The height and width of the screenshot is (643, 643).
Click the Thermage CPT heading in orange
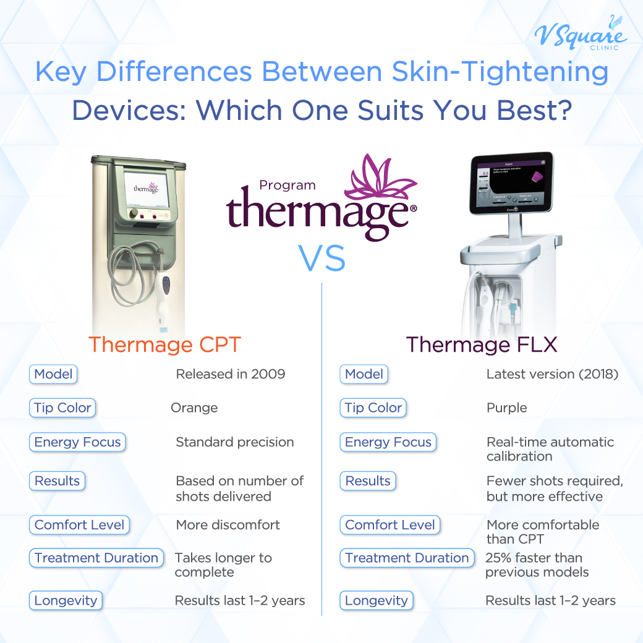164,344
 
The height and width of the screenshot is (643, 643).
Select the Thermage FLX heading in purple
482,344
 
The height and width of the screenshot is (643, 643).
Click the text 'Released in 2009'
231,374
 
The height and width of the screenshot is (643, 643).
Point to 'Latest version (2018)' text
552,374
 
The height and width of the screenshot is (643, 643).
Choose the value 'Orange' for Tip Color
194,408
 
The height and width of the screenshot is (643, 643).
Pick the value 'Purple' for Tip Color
507,408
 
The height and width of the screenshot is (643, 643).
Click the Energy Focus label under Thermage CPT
78,442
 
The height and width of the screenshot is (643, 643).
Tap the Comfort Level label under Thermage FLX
390,525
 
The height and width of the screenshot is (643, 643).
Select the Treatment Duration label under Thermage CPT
96,558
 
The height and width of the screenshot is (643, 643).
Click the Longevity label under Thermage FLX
377,600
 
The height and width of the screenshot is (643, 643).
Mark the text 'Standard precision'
235,442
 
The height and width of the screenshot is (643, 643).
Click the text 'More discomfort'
228,525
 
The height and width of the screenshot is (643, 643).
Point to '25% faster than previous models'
537,565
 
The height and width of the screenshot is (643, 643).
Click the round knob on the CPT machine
133,213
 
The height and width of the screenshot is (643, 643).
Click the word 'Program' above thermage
287,185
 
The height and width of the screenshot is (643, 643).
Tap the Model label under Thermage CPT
53,374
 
